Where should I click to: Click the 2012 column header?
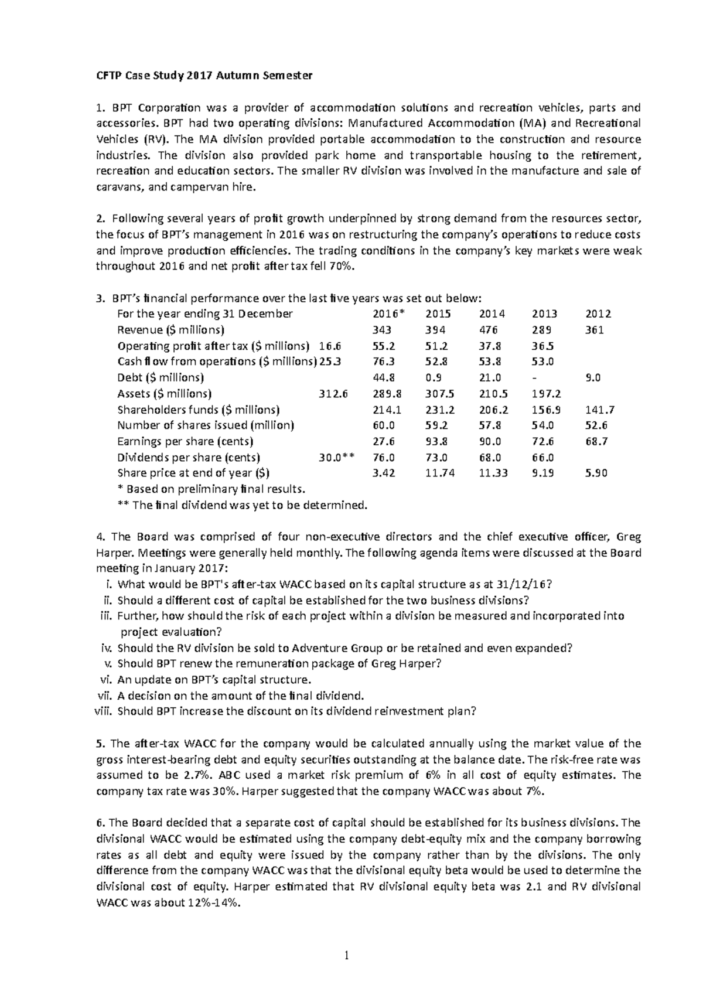coord(598,314)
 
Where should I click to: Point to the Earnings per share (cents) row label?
coord(185,441)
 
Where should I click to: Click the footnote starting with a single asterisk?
coord(211,489)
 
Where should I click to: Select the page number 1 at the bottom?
coord(351,957)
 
